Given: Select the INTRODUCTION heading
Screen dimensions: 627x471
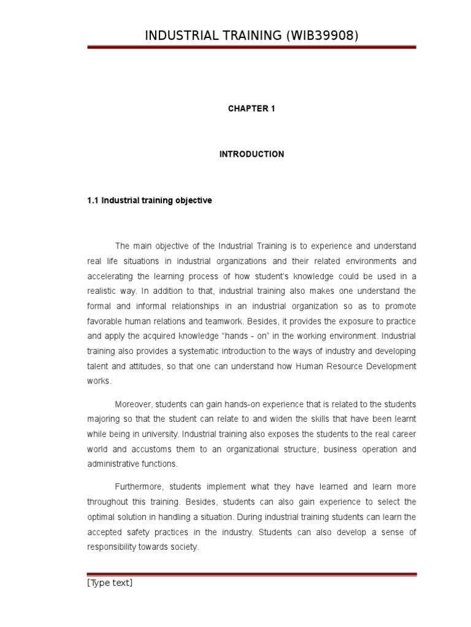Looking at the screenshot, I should click(x=251, y=154).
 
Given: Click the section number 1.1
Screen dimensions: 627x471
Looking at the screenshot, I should click(x=93, y=200).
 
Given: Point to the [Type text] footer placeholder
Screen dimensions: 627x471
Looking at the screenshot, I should click(x=110, y=583).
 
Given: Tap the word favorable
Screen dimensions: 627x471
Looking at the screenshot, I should click(x=104, y=321).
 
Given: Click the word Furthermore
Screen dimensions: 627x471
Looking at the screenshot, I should click(x=138, y=487).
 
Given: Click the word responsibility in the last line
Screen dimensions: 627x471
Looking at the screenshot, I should click(x=113, y=547).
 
